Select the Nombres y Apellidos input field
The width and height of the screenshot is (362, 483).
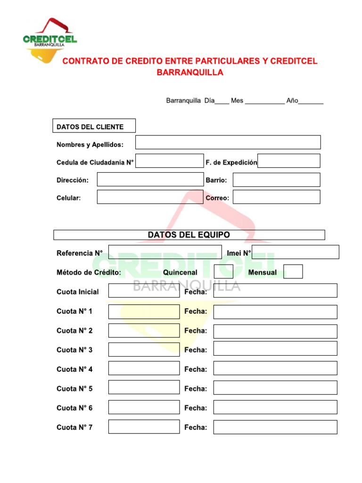[228, 142]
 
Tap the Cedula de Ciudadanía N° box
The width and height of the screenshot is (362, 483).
[170, 161]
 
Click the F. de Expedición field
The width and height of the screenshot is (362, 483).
[289, 161]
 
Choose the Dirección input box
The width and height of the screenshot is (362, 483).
[150, 180]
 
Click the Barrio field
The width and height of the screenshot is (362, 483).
[276, 180]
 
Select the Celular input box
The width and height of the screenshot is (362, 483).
[150, 197]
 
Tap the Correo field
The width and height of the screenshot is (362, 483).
[276, 197]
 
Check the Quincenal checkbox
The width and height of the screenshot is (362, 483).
[223, 272]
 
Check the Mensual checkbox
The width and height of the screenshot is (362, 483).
[293, 272]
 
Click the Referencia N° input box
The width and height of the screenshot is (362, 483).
[165, 252]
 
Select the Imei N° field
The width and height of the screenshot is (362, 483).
[296, 252]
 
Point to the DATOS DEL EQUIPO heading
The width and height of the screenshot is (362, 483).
[189, 235]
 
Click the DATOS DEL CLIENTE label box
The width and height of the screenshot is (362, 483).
[94, 126]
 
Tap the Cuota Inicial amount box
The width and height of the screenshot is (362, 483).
[144, 291]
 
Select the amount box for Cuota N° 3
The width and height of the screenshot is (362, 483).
[144, 350]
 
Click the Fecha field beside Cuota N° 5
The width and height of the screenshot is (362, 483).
[275, 388]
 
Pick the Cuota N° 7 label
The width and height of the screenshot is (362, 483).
[74, 427]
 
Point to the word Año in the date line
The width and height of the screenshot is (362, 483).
[292, 100]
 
